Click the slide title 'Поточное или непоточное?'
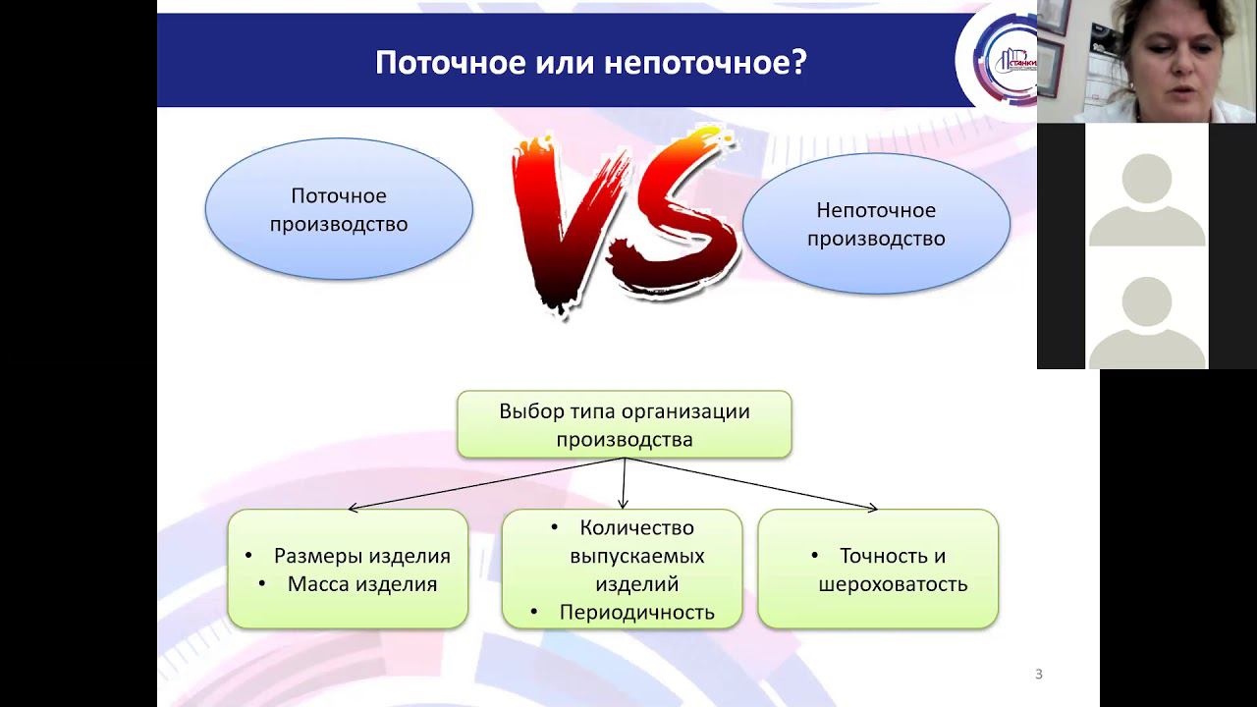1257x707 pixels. point(590,63)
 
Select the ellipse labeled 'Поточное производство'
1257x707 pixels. point(339,210)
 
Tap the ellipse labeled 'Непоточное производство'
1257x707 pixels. point(876,224)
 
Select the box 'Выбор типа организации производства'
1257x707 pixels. point(624,424)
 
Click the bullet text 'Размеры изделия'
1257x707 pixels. point(361,556)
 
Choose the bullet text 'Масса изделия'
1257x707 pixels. point(361,584)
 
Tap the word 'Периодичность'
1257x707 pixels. point(636,613)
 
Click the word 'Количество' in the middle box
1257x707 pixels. point(636,528)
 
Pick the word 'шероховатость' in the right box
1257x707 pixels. point(893,584)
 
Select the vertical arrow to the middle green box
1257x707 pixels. point(625,483)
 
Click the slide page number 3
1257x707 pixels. point(1039,674)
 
